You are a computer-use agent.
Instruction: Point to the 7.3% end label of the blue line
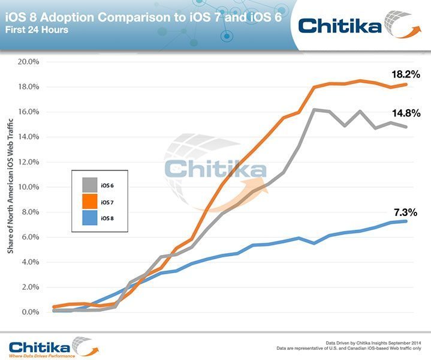click(x=405, y=212)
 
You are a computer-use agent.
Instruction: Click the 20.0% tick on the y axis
click(x=29, y=62)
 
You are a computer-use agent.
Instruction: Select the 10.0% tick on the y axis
click(x=29, y=187)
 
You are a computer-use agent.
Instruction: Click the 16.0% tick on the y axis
click(x=29, y=112)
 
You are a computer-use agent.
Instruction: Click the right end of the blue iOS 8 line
click(x=407, y=221)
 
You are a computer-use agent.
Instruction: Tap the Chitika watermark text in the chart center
click(x=216, y=168)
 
